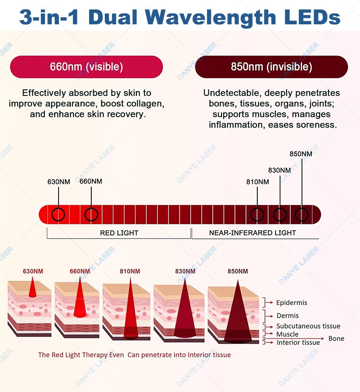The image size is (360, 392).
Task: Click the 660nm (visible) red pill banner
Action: tap(86, 67)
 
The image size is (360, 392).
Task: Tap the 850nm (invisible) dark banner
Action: tap(271, 67)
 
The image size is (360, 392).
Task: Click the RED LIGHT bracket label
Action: tap(119, 233)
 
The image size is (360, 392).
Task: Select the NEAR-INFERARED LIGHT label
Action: tap(252, 233)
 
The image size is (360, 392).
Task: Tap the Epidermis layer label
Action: tap(292, 303)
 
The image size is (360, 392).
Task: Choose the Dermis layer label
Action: tap(288, 316)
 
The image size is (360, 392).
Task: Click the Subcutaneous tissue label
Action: tap(308, 326)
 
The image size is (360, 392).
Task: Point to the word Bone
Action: tap(336, 338)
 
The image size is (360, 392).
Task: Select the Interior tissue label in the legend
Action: tap(298, 342)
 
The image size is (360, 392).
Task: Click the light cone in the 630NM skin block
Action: tap(32, 288)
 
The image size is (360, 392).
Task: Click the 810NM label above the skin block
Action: tap(130, 271)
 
